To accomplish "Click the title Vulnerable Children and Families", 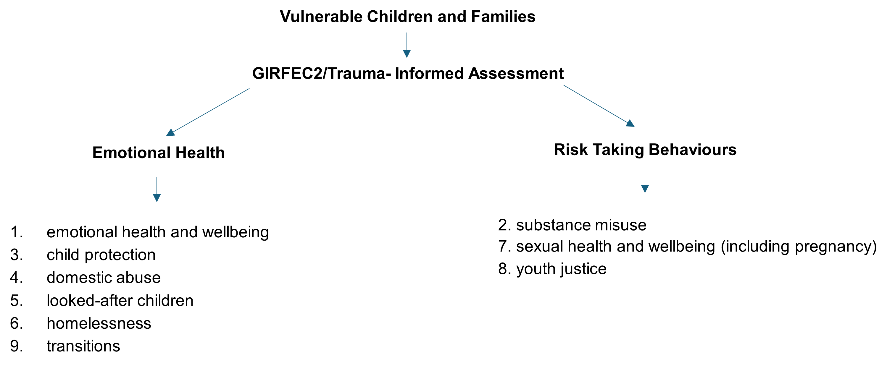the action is tap(407, 17).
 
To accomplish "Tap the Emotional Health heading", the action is tap(158, 153).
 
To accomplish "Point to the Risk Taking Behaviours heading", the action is tap(645, 150).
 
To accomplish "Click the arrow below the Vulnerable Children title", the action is tap(407, 45).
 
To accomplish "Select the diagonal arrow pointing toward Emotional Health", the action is tap(208, 112).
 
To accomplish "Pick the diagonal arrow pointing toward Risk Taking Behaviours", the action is tap(599, 106).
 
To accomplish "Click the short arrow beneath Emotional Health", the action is tap(157, 189).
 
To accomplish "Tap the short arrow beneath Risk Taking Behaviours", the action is tap(645, 180).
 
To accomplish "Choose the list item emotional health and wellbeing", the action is tap(158, 232).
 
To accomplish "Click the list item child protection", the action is tap(101, 255).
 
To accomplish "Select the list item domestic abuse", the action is tap(104, 278).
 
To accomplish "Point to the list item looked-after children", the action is tap(120, 301).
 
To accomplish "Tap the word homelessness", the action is tap(99, 323).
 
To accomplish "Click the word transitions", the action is tap(83, 346).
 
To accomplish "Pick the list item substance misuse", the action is tap(581, 225).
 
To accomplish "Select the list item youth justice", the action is tap(562, 269).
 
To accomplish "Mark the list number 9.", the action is tap(16, 346).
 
